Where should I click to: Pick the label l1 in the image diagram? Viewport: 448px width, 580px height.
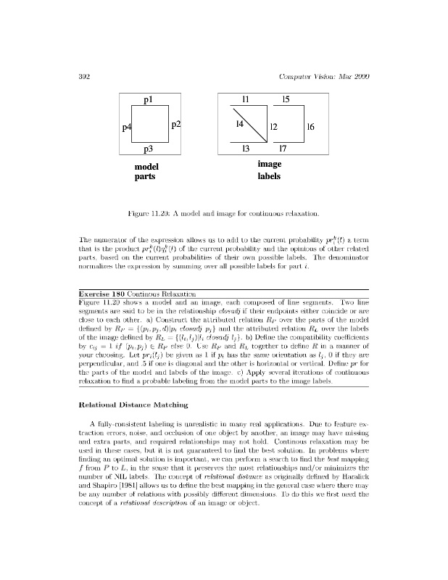pos(246,99)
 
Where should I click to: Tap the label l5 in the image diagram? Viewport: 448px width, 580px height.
pos(286,99)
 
